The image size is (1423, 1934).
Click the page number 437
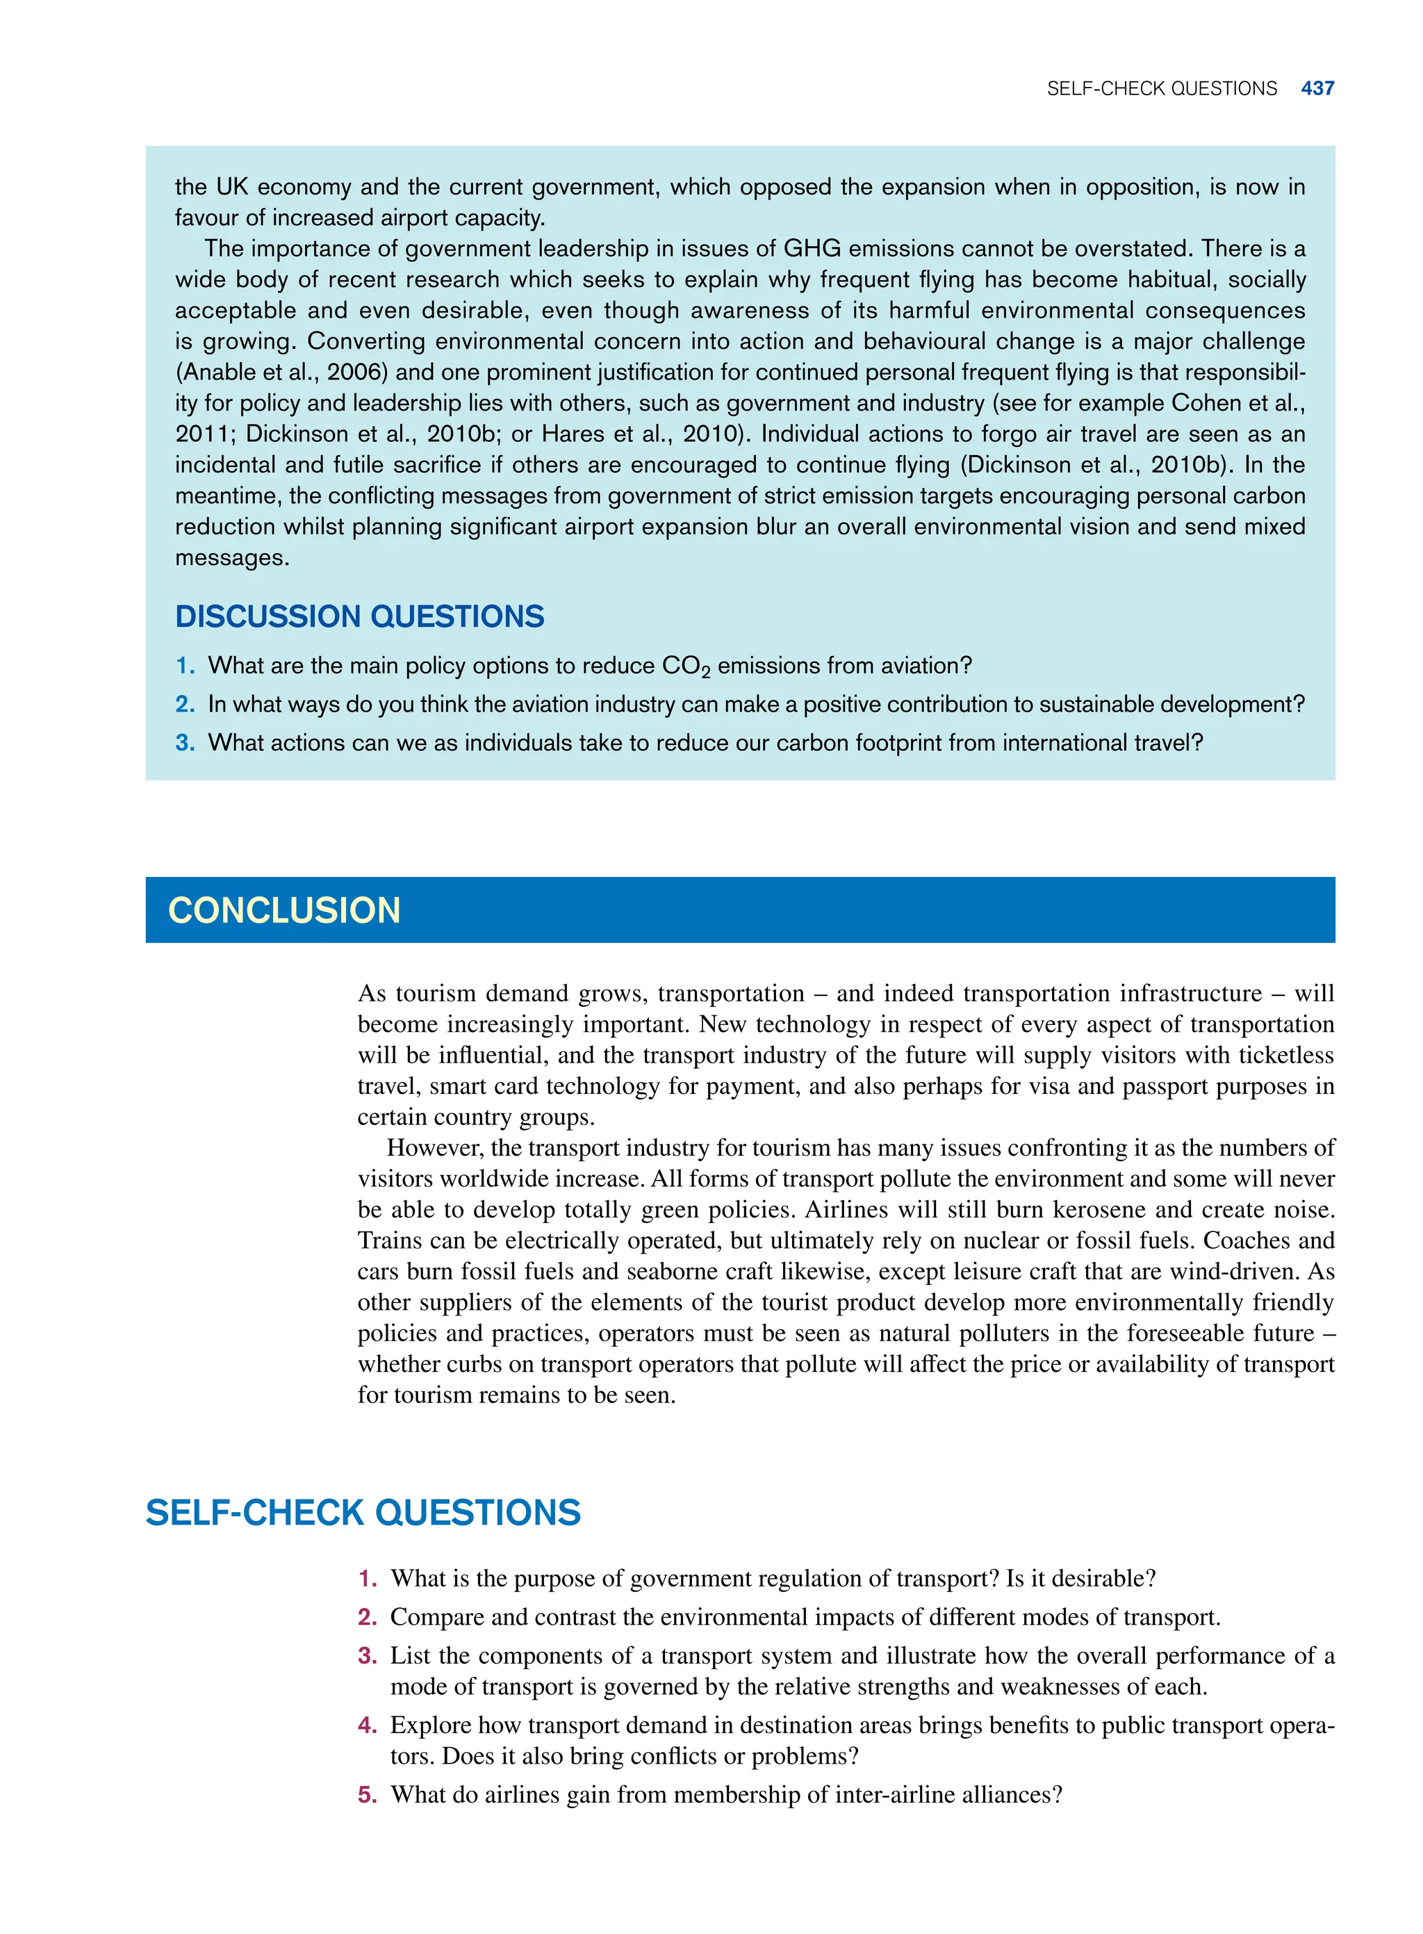pyautogui.click(x=1317, y=89)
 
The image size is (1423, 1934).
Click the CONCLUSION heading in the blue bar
pyautogui.click(x=284, y=910)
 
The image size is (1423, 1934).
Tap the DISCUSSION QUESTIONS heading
pyautogui.click(x=359, y=617)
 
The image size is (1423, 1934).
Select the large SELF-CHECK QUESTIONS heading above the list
pyautogui.click(x=363, y=1514)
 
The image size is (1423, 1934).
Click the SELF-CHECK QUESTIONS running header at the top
pyautogui.click(x=1161, y=89)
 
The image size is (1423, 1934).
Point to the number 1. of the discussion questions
pyautogui.click(x=186, y=666)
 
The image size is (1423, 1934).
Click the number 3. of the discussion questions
pyautogui.click(x=186, y=743)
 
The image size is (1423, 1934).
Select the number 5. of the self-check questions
pyautogui.click(x=367, y=1794)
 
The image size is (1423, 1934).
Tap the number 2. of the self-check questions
pyautogui.click(x=367, y=1617)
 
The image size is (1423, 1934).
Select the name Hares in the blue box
pyautogui.click(x=572, y=434)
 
